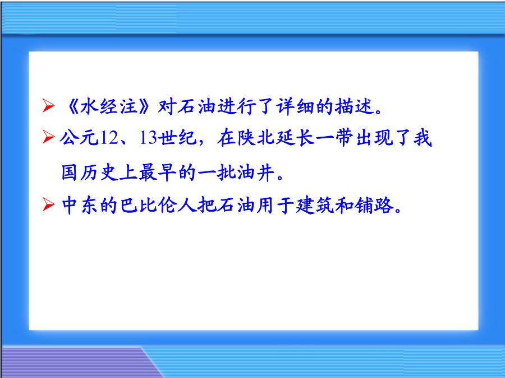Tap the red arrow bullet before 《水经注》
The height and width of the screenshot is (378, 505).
pos(49,105)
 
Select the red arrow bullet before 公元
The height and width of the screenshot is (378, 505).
pos(49,137)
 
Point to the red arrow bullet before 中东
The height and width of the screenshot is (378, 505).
pos(49,205)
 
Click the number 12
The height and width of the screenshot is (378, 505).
pos(109,138)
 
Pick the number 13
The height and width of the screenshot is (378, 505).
pos(148,138)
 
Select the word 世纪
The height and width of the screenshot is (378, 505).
pos(178,138)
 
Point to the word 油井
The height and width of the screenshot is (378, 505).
pos(256,172)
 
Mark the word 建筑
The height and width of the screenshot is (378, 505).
pos(315,205)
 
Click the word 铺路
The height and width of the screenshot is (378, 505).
pos(374,205)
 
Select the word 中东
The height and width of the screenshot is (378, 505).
pos(80,205)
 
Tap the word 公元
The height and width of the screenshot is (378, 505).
pos(79,138)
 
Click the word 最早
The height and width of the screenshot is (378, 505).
pos(158,172)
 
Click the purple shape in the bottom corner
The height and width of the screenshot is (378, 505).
pos(74,362)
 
